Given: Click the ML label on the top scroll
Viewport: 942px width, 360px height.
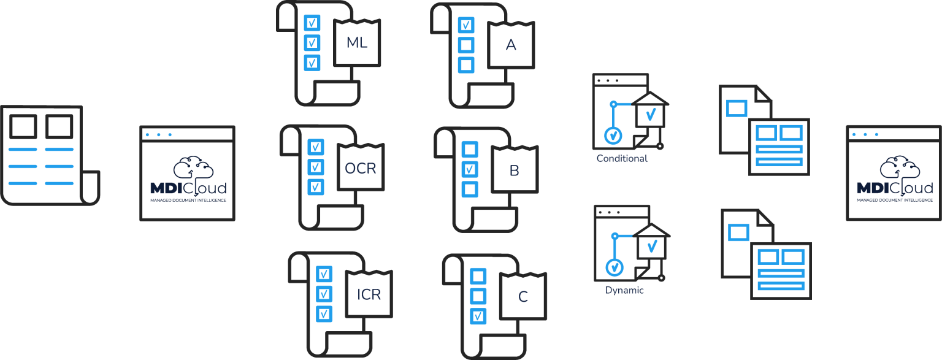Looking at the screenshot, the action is tap(357, 42).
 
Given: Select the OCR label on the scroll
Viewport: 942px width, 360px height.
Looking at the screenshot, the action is tap(361, 168).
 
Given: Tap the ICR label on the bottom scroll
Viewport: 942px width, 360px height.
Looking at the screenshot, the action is tap(369, 294).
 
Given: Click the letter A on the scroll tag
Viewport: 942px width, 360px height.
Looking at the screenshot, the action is tap(511, 45).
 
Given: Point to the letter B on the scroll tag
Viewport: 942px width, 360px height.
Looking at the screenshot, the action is tap(515, 170).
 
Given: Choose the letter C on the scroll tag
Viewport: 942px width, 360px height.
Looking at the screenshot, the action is tap(523, 296).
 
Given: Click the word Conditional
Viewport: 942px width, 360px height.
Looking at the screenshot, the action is tap(622, 159).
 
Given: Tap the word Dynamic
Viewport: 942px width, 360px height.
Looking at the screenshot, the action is tap(624, 290).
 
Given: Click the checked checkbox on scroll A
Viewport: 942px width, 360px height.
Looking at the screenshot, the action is tap(466, 25).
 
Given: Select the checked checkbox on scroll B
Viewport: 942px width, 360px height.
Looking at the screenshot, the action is tap(470, 169).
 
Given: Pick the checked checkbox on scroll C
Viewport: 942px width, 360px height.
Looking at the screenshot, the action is tap(478, 316).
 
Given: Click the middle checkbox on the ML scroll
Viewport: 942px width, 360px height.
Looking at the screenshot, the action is tap(312, 42).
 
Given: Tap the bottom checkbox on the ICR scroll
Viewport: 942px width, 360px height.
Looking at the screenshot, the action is tap(324, 314).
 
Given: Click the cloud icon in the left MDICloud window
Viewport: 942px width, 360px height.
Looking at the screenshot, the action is tap(193, 169).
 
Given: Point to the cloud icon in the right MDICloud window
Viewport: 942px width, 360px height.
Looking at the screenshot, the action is tap(900, 169).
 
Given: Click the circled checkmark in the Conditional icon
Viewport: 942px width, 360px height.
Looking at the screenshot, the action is tap(613, 136).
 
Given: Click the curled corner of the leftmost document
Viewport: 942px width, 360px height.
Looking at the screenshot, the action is tap(90, 188).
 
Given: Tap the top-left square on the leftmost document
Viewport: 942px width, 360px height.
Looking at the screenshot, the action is tap(23, 126).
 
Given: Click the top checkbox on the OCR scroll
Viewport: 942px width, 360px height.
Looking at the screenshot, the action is tap(316, 147).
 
